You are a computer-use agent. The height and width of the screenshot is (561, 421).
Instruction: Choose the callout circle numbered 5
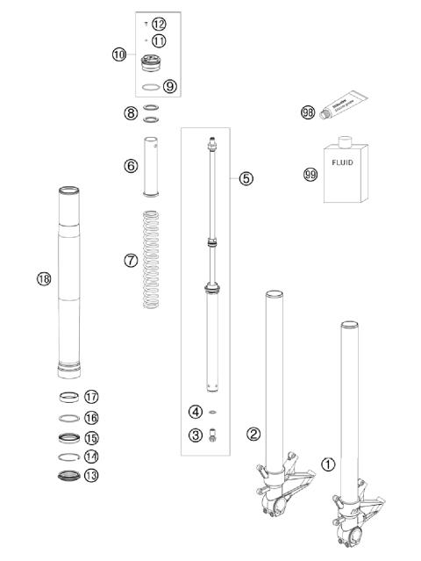[246, 178]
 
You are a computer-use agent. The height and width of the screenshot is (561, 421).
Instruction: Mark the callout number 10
[119, 54]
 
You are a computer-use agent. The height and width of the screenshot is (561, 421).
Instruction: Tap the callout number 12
[158, 24]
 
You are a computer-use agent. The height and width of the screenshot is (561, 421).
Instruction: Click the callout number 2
[253, 433]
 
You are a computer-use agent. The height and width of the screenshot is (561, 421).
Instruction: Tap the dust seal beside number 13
[70, 477]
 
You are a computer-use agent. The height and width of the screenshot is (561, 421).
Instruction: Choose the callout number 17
[91, 397]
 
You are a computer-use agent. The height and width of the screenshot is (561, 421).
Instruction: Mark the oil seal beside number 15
[70, 436]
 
